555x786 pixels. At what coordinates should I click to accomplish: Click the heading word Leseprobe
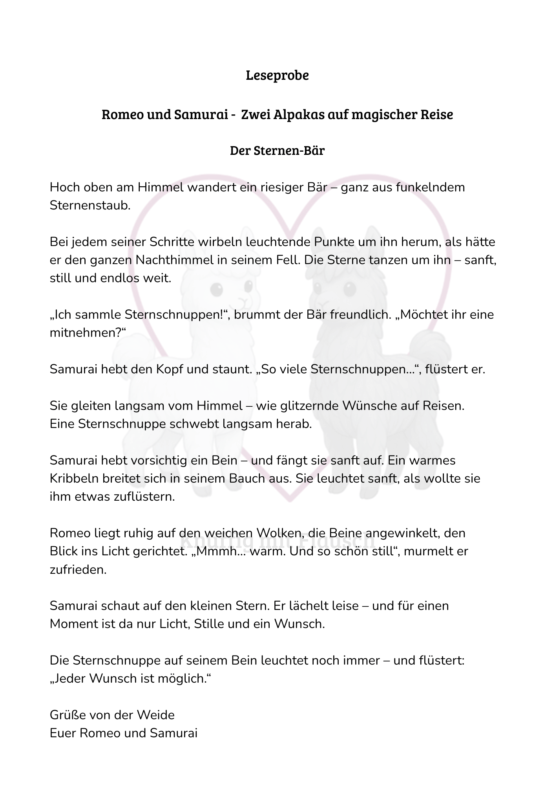(x=277, y=75)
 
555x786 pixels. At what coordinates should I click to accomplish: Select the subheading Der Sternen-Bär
(x=277, y=151)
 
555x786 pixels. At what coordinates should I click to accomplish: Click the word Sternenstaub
(x=90, y=205)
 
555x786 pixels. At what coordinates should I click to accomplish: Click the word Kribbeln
(x=73, y=479)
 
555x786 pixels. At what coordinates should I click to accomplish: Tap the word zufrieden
(x=78, y=570)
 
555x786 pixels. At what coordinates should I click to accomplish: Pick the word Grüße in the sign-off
(x=69, y=715)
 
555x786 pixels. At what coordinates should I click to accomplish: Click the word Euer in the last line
(x=63, y=733)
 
